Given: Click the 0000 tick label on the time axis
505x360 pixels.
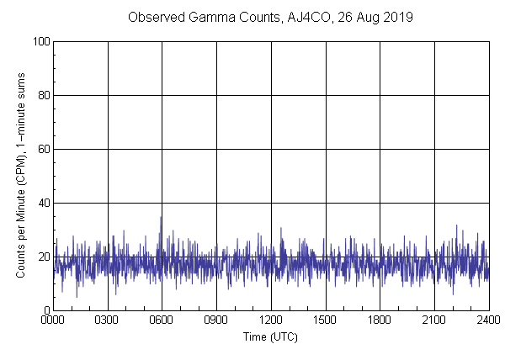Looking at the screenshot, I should pos(53,320).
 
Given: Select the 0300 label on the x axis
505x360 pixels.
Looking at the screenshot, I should pos(108,320).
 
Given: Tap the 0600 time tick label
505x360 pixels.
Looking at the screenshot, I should pos(162,320).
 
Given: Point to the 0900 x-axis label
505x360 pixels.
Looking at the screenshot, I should pos(216,320).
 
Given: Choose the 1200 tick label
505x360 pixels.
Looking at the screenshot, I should pos(271,320).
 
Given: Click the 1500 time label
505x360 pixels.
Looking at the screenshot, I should pos(326,320).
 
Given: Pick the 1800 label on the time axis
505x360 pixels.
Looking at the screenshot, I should pos(380,320).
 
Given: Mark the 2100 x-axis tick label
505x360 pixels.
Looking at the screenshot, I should pos(434,320).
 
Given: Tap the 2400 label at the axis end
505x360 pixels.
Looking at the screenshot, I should pos(488,320).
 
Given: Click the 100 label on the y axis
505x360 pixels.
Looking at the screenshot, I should pos(40,41).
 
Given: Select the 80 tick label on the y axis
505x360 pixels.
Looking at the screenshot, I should pos(43,95).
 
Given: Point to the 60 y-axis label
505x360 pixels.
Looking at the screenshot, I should pos(43,149).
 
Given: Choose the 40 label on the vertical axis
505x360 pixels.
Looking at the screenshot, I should pos(43,203).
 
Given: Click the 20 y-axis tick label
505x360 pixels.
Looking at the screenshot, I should pos(43,257).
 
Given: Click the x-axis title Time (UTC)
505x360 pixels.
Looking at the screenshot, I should pos(270,336).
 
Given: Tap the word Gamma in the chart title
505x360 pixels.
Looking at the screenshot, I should pos(200,18).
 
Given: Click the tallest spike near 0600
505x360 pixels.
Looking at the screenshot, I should pos(161,218).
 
